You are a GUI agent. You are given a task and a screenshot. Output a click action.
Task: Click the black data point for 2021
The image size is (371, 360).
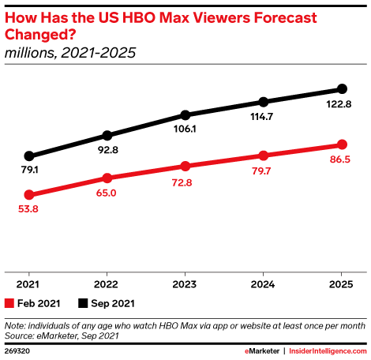coord(29,156)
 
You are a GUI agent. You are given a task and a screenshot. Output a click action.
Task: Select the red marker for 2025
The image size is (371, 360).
coord(342,144)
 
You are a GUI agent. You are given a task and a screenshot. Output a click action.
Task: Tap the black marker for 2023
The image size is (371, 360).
coord(185,115)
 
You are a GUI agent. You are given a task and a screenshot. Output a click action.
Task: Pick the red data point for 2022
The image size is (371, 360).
coord(107,178)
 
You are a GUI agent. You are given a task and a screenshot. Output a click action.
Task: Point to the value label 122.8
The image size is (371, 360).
coord(339,104)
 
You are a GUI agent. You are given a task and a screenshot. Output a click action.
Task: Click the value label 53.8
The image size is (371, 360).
coord(28,209)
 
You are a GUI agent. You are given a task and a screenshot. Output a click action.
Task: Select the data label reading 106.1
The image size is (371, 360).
coord(185,129)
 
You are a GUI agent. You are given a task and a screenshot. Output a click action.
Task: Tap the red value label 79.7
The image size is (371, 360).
coord(261,171)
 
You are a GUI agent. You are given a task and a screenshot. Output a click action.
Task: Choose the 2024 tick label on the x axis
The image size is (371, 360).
coord(263,284)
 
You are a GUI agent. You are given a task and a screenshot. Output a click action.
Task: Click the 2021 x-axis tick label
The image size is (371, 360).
coord(28,284)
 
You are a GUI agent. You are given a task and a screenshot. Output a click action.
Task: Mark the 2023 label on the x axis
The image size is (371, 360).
coord(185,284)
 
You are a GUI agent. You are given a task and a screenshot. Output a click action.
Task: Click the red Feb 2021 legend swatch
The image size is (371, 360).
coord(9,303)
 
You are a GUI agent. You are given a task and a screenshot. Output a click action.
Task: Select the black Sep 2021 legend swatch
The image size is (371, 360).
coord(83,303)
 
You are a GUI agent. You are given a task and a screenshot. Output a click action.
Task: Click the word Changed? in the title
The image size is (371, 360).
coord(40,35)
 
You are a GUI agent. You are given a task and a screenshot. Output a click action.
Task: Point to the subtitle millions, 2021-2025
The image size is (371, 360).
coord(70,53)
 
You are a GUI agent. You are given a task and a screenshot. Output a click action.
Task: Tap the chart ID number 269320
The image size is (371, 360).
coord(17,351)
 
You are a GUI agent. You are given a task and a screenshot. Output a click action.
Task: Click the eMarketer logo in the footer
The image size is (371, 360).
coord(262,351)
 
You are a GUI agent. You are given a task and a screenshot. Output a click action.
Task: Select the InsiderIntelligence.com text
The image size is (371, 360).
coord(328,351)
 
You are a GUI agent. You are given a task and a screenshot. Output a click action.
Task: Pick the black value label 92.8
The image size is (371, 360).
coord(108,150)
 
